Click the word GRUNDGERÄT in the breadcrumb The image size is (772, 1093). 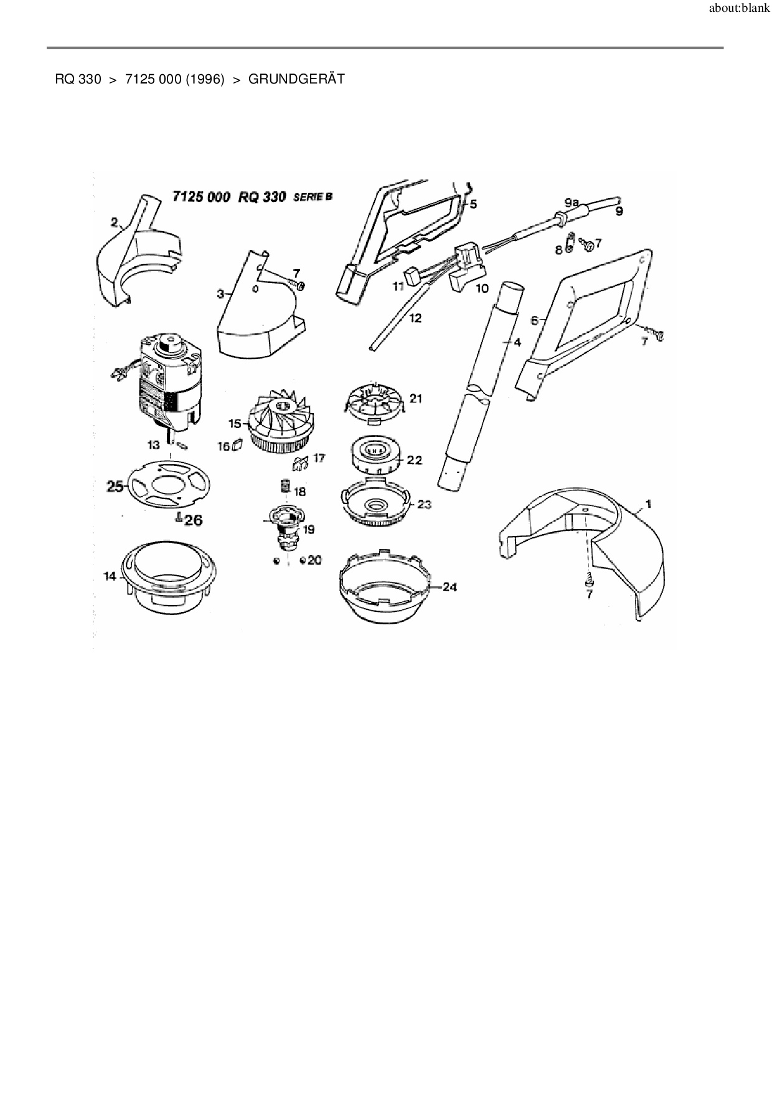[x=296, y=79]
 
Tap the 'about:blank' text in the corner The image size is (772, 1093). [x=739, y=9]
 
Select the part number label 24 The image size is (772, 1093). [x=450, y=587]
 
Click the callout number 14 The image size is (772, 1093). [x=110, y=576]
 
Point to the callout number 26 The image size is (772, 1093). [x=194, y=519]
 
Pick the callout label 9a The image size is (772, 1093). [x=572, y=203]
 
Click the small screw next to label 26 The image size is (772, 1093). [x=179, y=517]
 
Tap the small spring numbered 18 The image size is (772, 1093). [x=285, y=485]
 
